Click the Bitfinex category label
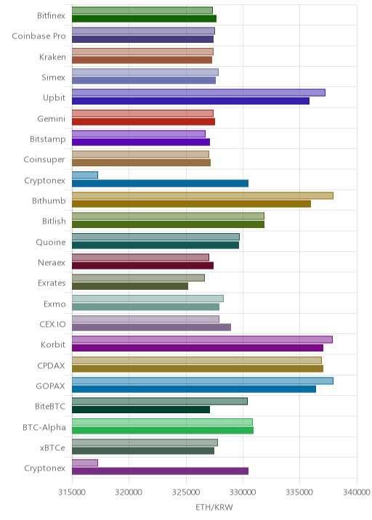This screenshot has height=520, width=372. [x=51, y=15]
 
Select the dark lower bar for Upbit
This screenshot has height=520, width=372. [x=190, y=101]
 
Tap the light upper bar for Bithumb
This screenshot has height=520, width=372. [x=203, y=195]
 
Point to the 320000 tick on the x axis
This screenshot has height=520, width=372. [x=129, y=492]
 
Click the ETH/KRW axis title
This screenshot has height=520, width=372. [x=214, y=508]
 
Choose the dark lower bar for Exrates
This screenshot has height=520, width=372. [x=130, y=286]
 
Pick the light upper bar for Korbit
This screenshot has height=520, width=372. [x=202, y=340]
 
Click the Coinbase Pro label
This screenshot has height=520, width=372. [x=39, y=36]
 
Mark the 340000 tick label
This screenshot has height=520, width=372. [x=357, y=492]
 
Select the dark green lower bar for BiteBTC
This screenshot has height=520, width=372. [x=141, y=410]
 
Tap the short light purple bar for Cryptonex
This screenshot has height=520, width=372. [x=85, y=463]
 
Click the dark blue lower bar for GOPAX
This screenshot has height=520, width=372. [x=194, y=389]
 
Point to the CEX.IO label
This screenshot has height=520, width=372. [x=52, y=325]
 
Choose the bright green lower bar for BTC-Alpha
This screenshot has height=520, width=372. [x=163, y=430]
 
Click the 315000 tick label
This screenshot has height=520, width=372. [x=72, y=492]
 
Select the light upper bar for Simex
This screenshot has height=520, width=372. [x=145, y=73]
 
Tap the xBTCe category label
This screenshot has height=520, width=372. [x=52, y=447]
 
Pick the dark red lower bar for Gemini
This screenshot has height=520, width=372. [x=143, y=121]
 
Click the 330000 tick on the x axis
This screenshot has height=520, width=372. [x=243, y=492]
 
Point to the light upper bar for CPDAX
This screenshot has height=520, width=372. [x=197, y=360]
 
